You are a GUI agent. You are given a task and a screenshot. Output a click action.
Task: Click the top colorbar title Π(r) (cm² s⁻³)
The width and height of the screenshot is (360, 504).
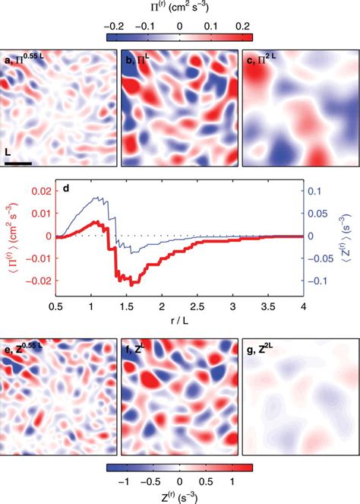(179, 6)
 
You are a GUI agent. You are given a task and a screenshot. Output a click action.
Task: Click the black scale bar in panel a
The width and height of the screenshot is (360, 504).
(17, 162)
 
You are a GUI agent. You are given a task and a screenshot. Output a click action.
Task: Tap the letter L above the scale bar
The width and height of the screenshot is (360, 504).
(8, 153)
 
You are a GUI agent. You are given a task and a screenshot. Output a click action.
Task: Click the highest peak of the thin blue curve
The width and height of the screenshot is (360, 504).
(96, 198)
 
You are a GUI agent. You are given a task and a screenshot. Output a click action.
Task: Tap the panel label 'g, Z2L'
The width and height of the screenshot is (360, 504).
(261, 350)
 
